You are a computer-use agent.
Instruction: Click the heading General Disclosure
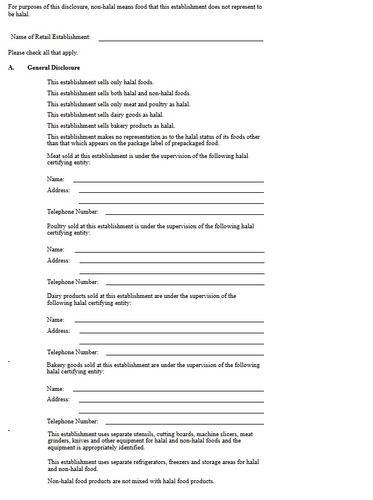[53, 67]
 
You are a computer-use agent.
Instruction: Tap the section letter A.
[11, 67]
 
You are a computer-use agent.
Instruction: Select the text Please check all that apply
[43, 52]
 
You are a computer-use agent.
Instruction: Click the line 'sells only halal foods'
[100, 82]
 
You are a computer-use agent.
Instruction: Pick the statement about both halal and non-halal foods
[118, 93]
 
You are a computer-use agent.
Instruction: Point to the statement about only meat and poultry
[118, 104]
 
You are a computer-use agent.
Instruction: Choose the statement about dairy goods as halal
[105, 114]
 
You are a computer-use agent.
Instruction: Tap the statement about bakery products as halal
[110, 125]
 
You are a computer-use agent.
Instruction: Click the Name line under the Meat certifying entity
[168, 181]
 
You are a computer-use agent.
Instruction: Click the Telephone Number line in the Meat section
[184, 213]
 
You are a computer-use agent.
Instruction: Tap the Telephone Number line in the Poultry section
[184, 283]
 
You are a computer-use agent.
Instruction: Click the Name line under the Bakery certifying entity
[169, 390]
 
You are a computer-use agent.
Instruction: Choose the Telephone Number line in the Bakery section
[184, 423]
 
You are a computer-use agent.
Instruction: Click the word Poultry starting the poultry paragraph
[57, 226]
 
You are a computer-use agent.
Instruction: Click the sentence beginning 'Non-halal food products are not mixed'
[131, 481]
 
